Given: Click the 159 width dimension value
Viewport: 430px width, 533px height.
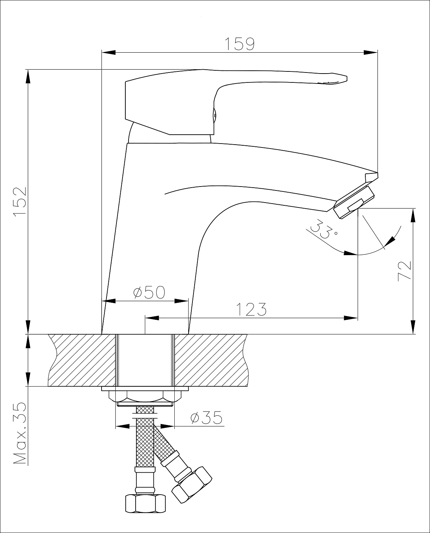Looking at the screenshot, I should point(239,44).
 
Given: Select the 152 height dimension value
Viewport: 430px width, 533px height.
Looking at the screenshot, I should point(20,201).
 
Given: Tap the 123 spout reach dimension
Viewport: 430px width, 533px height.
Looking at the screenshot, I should point(251,309).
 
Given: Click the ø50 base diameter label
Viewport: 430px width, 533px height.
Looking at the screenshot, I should point(149,292).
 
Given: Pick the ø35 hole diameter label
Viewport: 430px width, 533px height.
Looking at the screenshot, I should point(206,418).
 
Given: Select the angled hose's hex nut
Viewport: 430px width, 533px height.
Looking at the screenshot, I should point(192,484).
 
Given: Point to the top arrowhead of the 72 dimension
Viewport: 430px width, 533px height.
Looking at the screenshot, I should point(413,215).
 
